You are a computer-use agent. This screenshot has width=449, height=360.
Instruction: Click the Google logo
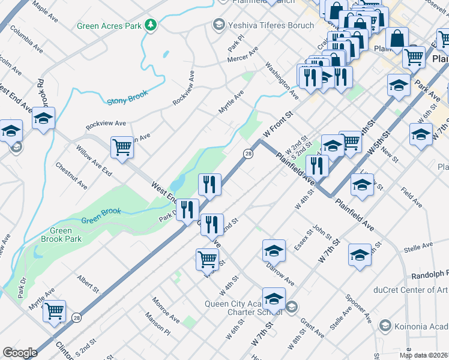pyautogui.click(x=20, y=352)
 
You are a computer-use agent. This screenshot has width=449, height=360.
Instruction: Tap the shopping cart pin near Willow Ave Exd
pyautogui.click(x=122, y=147)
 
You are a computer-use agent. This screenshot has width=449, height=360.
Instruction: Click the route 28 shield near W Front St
pyautogui.click(x=247, y=154)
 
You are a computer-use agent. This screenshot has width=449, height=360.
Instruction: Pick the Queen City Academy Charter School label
pyautogui.click(x=238, y=308)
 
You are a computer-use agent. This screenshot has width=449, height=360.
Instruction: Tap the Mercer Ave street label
pyautogui.click(x=242, y=59)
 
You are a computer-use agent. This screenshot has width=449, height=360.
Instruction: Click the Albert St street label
pyautogui.click(x=88, y=284)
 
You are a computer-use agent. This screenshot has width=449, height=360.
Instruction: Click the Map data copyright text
pyautogui.click(x=424, y=355)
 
